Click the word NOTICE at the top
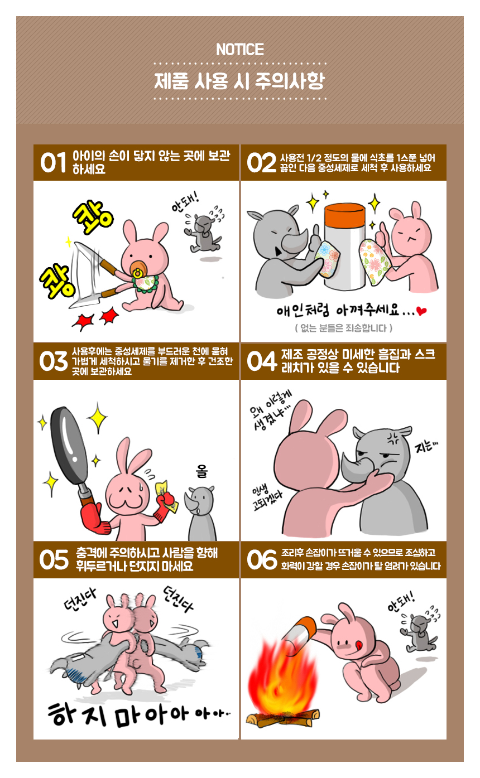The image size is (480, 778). click(240, 49)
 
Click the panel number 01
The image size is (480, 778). click(53, 162)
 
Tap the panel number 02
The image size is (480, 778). click(261, 162)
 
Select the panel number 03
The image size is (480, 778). click(53, 361)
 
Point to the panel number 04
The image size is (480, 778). click(262, 361)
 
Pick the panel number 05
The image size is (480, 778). click(54, 560)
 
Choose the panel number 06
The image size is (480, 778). click(262, 560)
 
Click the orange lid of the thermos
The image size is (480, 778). click(344, 212)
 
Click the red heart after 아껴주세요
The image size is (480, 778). click(421, 311)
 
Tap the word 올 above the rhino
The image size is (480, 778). click(201, 471)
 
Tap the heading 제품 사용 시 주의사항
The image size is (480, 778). click(239, 81)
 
